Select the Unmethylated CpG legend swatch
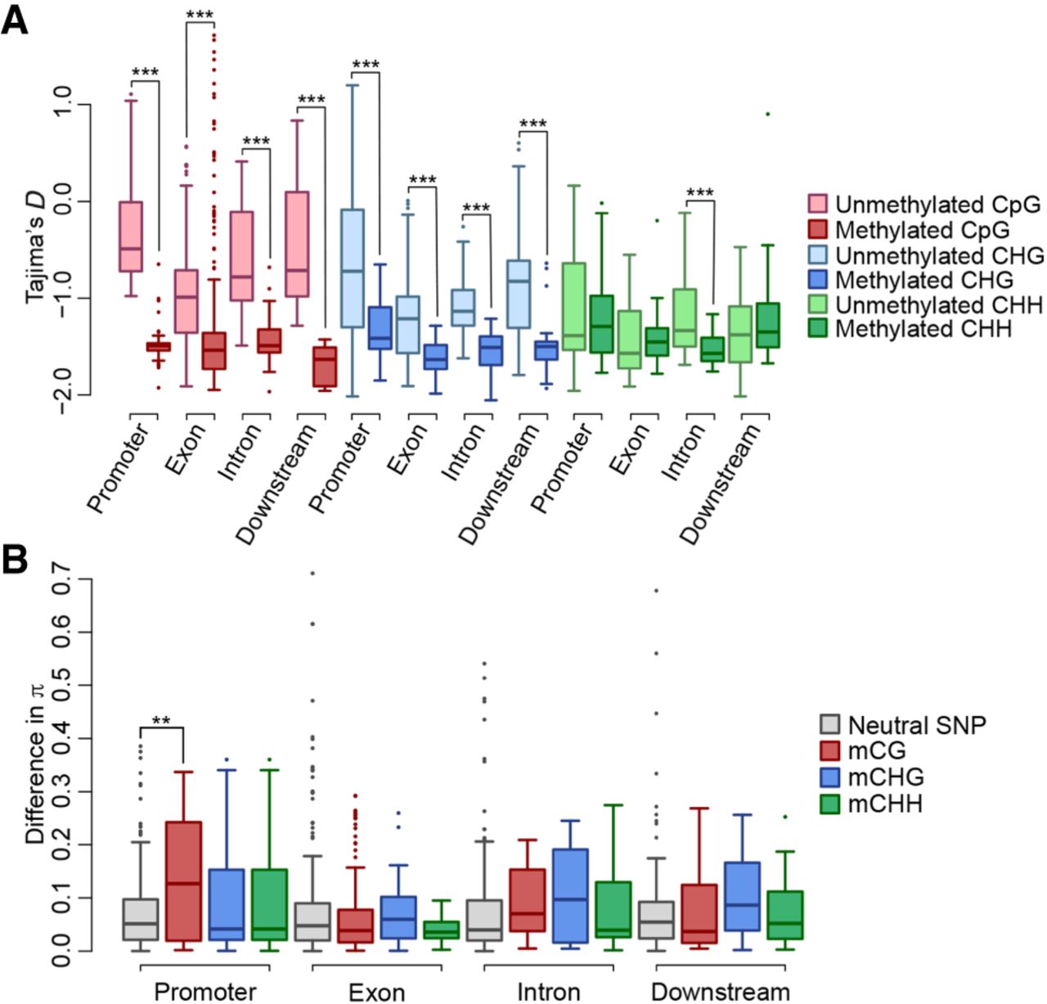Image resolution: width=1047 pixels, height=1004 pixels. pos(818,204)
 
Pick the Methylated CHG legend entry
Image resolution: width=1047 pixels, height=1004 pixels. pos(923,280)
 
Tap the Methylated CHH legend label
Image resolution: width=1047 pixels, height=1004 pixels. pos(923,329)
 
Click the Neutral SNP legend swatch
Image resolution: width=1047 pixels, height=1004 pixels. pos(830,725)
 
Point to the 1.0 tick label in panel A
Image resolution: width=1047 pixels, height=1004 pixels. pos(61,106)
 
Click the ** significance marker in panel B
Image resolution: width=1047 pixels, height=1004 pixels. pos(161,721)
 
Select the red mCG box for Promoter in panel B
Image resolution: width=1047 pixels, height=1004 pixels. pos(183,881)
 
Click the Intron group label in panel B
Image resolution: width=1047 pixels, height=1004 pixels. pos(548,992)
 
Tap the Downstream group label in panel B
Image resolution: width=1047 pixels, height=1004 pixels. pos(720,992)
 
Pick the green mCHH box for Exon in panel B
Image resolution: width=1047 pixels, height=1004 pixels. pos(441,930)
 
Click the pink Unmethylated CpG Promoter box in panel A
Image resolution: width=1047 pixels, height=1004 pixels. pos(131,236)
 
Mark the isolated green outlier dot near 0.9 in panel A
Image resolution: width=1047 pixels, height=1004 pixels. pos(767,114)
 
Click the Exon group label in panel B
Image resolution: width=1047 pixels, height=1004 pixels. pos(376,992)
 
